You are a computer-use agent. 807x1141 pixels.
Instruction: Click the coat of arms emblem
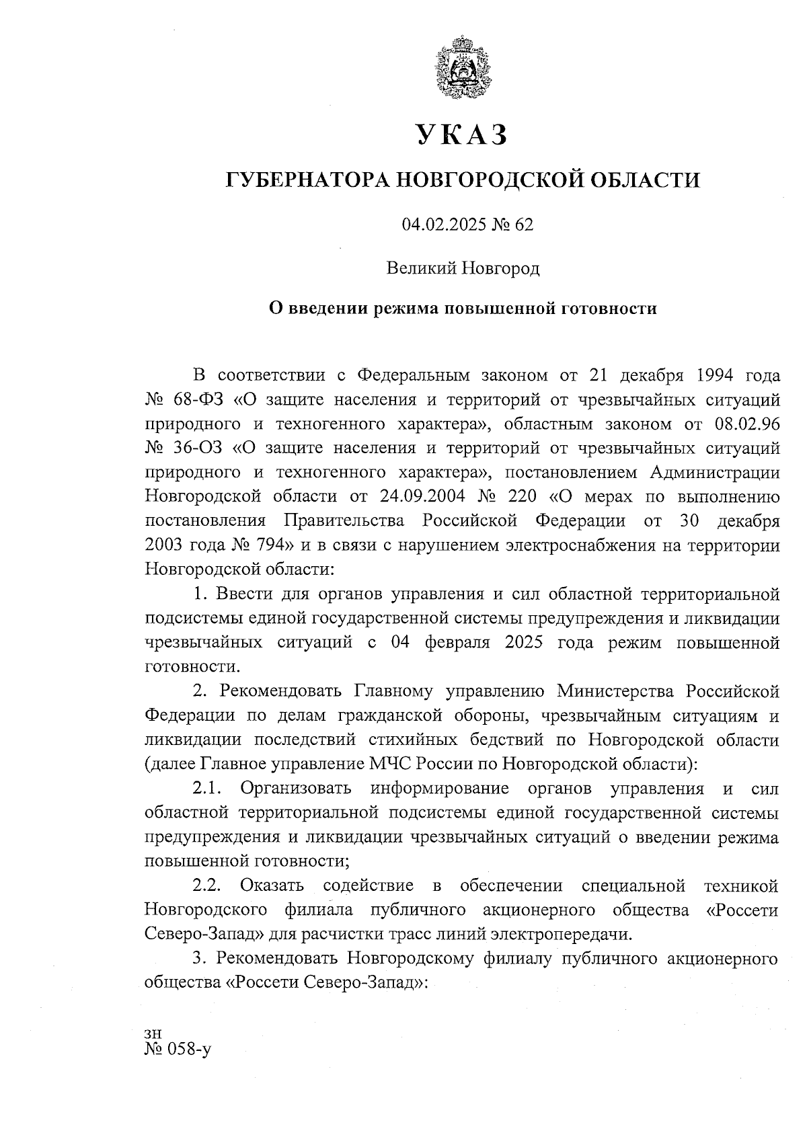[x=461, y=70]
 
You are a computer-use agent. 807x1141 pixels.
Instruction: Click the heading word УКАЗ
[x=461, y=135]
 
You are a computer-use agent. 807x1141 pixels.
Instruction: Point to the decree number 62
[x=524, y=225]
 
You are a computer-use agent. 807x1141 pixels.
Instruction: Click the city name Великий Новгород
[x=463, y=269]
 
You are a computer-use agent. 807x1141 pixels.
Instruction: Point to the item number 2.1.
[x=207, y=788]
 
